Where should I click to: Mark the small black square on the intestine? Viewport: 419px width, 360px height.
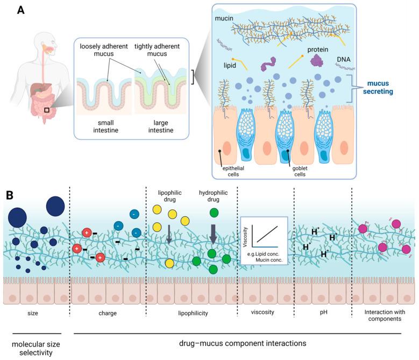[48, 110]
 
